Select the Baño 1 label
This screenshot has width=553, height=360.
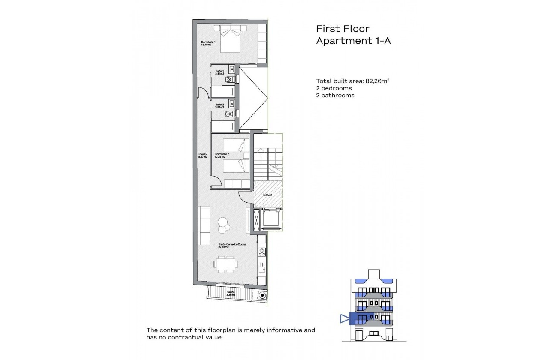(220, 72)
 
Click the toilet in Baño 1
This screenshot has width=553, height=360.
(231, 80)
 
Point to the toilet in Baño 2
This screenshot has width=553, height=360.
(231, 114)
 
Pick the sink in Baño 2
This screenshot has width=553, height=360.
(231, 103)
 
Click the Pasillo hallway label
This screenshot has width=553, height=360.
(203, 156)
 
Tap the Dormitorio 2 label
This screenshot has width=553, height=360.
(222, 156)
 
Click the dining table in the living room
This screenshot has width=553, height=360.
(225, 264)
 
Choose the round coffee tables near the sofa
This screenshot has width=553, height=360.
(224, 225)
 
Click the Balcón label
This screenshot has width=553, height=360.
(231, 294)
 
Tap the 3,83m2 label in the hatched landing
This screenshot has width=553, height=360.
(267, 195)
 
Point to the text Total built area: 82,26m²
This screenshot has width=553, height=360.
(352, 81)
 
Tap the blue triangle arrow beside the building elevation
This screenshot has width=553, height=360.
(344, 318)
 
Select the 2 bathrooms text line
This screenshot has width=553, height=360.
(335, 96)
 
